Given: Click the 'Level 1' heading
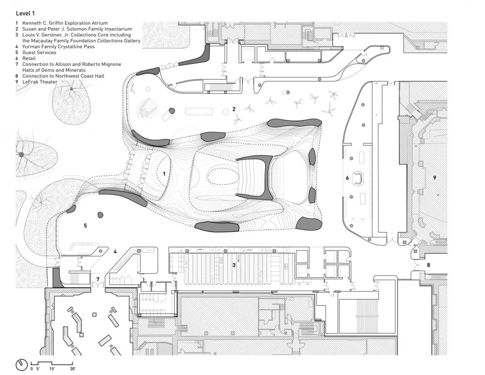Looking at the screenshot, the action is pyautogui.click(x=26, y=13).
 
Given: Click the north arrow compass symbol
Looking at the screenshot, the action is pyautogui.click(x=22, y=365).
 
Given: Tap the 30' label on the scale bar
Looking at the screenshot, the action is pyautogui.click(x=72, y=368).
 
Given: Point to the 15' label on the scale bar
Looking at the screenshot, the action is pyautogui.click(x=52, y=368).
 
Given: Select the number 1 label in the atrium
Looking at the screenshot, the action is pyautogui.click(x=164, y=174).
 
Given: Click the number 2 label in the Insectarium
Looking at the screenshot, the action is pyautogui.click(x=234, y=109).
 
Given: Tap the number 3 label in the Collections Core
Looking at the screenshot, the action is pyautogui.click(x=234, y=265).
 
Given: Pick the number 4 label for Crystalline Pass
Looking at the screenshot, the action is pyautogui.click(x=115, y=252).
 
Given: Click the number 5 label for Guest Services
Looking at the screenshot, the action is pyautogui.click(x=85, y=226).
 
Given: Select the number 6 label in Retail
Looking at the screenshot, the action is pyautogui.click(x=347, y=178).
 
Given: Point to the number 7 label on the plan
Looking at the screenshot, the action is pyautogui.click(x=98, y=279).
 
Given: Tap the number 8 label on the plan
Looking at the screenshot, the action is pyautogui.click(x=428, y=265).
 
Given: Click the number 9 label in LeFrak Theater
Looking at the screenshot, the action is pyautogui.click(x=435, y=178).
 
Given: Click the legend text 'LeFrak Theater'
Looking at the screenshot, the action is pyautogui.click(x=40, y=82).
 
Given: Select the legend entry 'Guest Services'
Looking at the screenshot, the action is pyautogui.click(x=39, y=52).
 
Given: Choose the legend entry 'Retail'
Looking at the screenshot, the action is pyautogui.click(x=29, y=58).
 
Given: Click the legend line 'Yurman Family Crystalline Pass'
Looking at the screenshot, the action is pyautogui.click(x=58, y=46).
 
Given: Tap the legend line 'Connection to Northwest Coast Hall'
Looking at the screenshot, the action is pyautogui.click(x=63, y=76).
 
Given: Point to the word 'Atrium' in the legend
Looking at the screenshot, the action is pyautogui.click(x=99, y=23).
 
